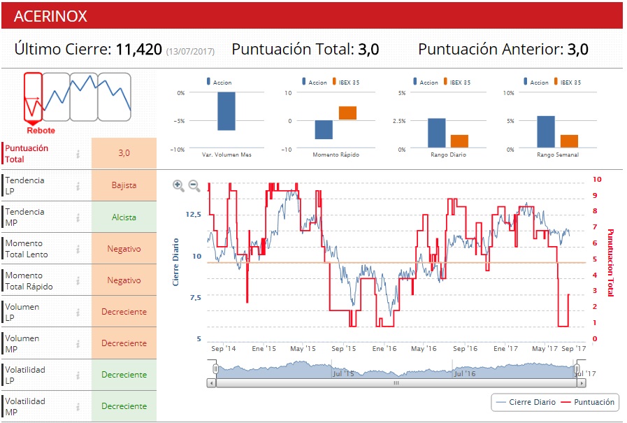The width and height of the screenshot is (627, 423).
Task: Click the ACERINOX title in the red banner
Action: point(50,16)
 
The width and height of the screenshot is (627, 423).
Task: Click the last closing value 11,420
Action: point(138,50)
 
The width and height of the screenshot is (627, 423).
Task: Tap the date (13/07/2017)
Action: point(190,51)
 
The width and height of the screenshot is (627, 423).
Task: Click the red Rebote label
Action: point(41,131)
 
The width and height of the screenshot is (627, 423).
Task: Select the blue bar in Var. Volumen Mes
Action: point(226,111)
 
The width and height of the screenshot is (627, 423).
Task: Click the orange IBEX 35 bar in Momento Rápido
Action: point(347,113)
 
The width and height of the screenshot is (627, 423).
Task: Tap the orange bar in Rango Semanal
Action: point(570,141)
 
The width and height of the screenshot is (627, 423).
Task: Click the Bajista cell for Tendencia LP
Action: point(124,186)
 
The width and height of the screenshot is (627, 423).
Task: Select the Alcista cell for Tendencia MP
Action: point(124,217)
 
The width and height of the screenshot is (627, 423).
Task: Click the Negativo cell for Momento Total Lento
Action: point(124,249)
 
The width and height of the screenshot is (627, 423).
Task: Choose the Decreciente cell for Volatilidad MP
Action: point(124,406)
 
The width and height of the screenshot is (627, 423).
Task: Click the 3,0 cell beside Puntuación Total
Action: point(124,152)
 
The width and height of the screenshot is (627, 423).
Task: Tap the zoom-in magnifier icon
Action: point(178,186)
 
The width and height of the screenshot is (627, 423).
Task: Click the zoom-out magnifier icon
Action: point(194,186)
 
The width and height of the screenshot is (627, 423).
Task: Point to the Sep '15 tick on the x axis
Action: point(344,348)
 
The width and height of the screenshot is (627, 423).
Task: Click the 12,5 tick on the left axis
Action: point(192,214)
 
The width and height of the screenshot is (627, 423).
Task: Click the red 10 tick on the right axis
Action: point(596,179)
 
